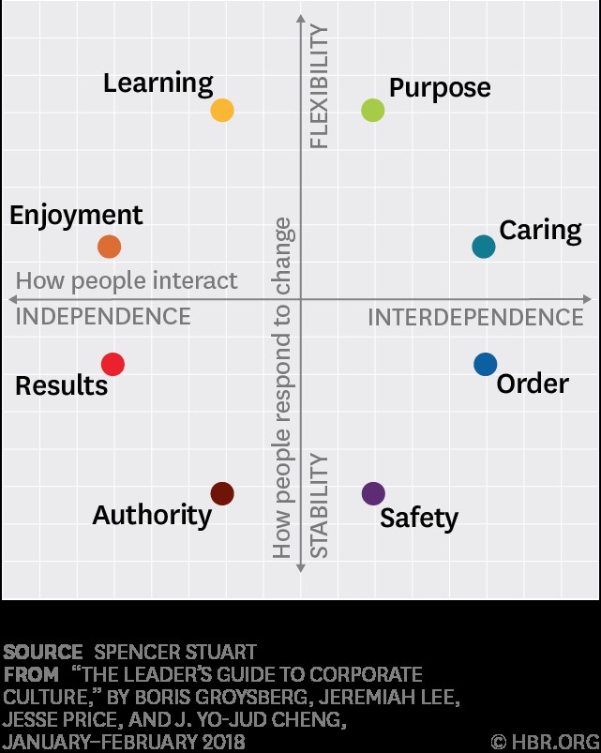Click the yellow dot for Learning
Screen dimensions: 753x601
point(222,111)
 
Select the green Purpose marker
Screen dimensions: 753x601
point(373,111)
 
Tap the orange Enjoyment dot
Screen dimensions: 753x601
point(110,247)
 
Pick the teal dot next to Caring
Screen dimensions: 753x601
point(484,247)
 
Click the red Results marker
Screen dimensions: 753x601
point(113,364)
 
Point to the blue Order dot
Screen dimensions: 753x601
point(485,364)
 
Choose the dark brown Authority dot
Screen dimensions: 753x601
point(222,493)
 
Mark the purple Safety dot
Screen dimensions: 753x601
point(373,493)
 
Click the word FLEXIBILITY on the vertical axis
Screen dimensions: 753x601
point(320,86)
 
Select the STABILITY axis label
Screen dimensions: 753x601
point(320,506)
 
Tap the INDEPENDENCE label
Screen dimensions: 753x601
point(103,317)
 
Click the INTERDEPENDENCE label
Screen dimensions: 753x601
point(475,318)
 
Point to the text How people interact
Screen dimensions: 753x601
point(127,280)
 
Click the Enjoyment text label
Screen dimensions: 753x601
point(76,216)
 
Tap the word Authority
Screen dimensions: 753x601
point(152,515)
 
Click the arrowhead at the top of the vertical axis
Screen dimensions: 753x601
point(301,14)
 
